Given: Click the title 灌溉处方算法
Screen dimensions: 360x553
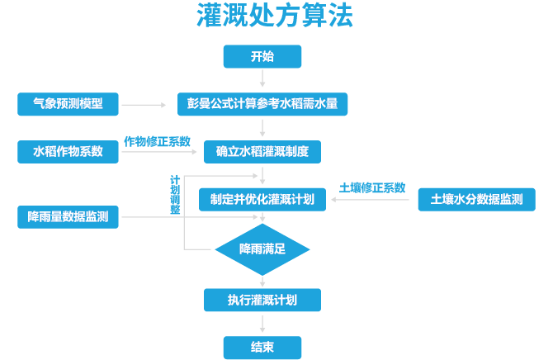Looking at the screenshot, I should coord(275,17).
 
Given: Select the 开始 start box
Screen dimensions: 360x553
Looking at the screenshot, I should coord(262,56).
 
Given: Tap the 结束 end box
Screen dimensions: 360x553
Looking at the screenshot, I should coord(262,347).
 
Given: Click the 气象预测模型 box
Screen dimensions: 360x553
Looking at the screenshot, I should coord(69,105).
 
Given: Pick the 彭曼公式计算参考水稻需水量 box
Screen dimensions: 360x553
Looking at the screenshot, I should coord(262,105).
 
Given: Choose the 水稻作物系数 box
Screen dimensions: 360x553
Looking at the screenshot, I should coord(69,152).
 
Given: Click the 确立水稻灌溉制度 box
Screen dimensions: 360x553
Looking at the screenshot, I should coord(262,152).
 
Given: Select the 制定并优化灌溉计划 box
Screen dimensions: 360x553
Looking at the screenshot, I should coord(262,199).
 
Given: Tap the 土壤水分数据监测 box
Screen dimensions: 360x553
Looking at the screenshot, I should coord(476,199).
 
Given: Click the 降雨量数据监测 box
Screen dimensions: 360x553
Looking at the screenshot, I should coord(69,217).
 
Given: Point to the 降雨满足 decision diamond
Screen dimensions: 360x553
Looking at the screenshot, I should coord(262,249).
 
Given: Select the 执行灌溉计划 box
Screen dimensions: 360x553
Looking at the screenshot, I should coord(262,299).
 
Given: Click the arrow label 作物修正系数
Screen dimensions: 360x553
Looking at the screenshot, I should coord(157,140).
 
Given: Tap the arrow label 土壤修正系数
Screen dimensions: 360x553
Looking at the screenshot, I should coord(372,187).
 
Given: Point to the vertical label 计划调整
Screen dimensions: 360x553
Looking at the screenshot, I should coord(175,195).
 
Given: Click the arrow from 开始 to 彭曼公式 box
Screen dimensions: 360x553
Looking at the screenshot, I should coord(262,79).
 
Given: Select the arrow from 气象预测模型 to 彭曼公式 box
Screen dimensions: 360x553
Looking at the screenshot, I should coord(144,105).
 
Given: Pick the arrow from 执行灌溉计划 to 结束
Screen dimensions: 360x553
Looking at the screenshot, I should coord(262,323).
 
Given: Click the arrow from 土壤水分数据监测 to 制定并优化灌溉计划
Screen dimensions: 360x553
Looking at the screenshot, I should coord(371,199).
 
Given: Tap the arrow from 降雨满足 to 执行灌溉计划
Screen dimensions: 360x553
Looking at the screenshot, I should coord(262,280).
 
